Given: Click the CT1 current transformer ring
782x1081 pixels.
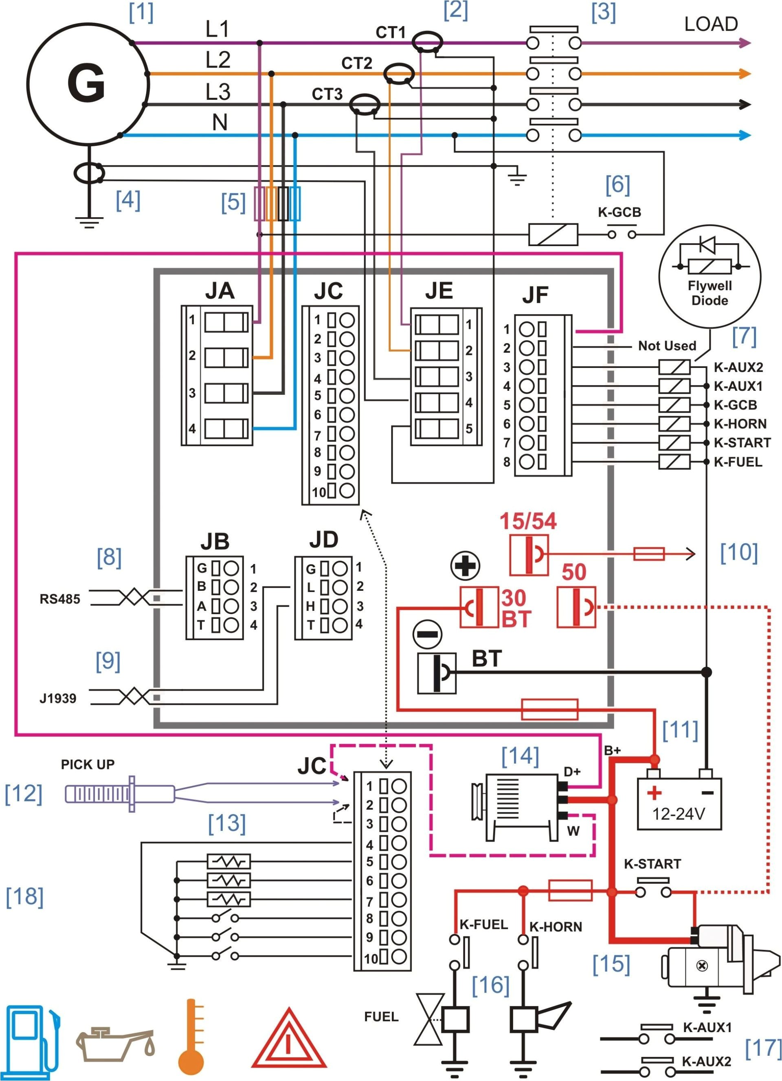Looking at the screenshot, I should pyautogui.click(x=426, y=42).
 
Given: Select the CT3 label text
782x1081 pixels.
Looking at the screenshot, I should pyautogui.click(x=327, y=95).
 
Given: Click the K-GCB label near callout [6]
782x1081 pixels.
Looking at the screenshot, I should pyautogui.click(x=619, y=212).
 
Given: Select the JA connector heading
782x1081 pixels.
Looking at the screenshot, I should pyautogui.click(x=220, y=290).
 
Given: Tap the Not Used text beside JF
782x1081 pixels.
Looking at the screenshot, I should pyautogui.click(x=667, y=346).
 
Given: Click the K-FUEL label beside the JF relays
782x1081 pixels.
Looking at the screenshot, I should pyautogui.click(x=737, y=462).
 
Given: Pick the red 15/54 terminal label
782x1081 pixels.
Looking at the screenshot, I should pyautogui.click(x=527, y=521).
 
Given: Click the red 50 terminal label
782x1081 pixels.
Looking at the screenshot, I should pyautogui.click(x=573, y=572).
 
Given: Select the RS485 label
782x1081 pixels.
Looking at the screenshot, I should pyautogui.click(x=59, y=599).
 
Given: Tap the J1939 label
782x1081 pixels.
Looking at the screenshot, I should pyautogui.click(x=58, y=698).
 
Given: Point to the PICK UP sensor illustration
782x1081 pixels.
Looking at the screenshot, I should pyautogui.click(x=119, y=794).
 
